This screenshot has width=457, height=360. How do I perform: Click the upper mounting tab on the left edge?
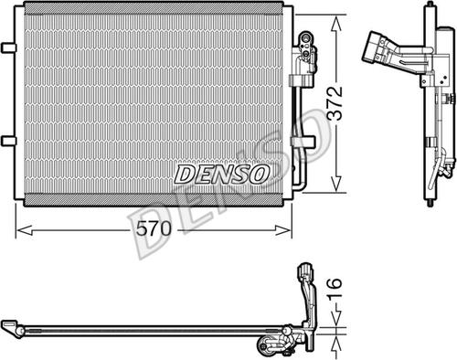coord(8,46)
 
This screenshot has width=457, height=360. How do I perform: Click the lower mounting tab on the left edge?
coord(8,139)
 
